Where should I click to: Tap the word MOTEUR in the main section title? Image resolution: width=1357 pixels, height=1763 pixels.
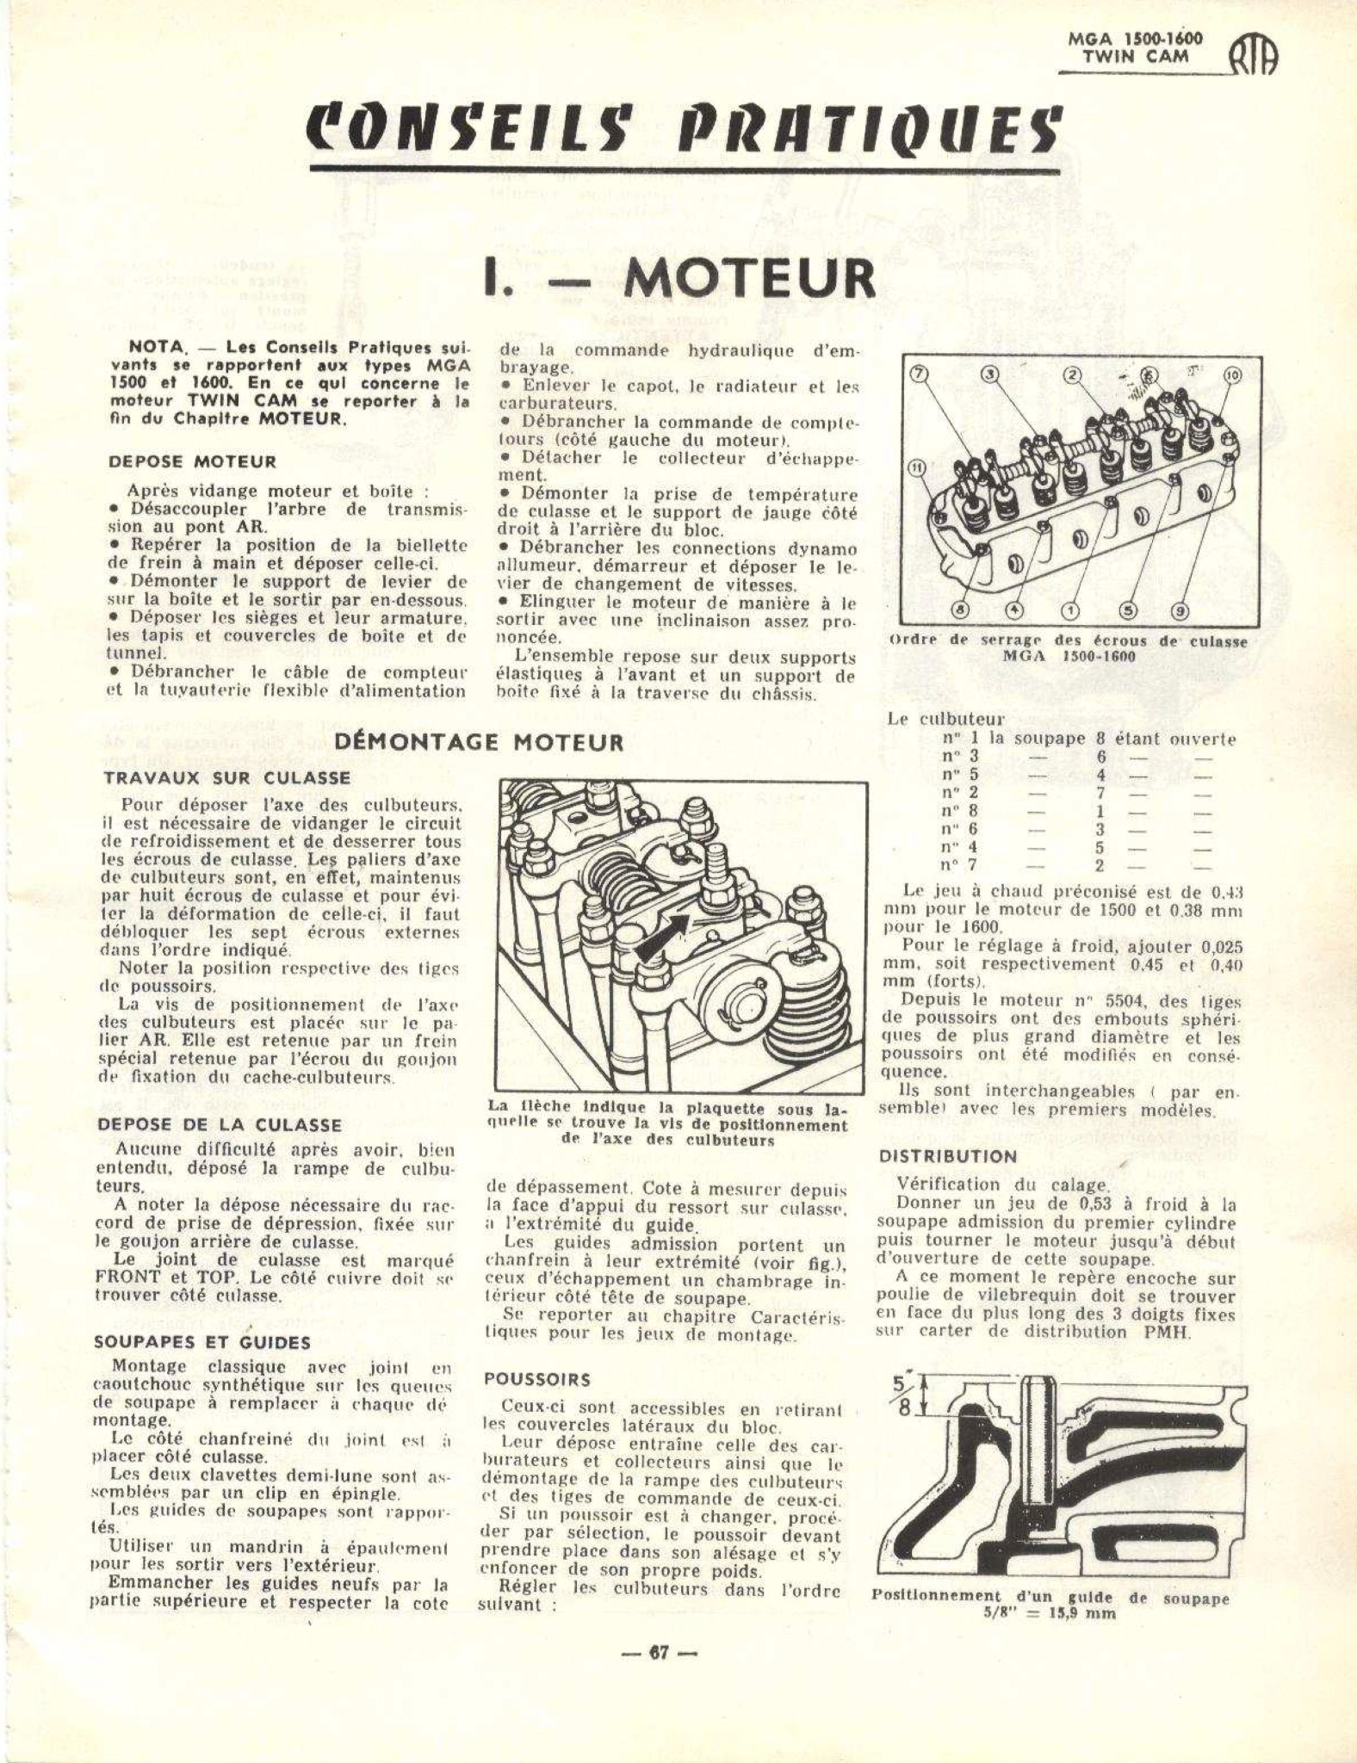click(x=749, y=277)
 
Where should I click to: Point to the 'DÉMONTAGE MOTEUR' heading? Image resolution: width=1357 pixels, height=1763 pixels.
click(x=480, y=743)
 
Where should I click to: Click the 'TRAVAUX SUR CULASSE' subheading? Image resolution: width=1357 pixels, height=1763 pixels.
click(x=227, y=778)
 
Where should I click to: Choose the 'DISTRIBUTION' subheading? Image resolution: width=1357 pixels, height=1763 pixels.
click(x=948, y=1156)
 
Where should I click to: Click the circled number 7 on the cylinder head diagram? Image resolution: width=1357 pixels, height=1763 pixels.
click(x=920, y=374)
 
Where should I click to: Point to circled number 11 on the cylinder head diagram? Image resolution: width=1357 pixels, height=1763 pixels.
click(x=917, y=467)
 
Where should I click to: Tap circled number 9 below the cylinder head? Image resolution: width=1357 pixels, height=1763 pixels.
click(x=1180, y=610)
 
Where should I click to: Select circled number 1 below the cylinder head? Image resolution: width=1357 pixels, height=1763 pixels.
click(x=1071, y=610)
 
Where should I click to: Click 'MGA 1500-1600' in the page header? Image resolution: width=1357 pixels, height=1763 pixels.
click(x=1134, y=40)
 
